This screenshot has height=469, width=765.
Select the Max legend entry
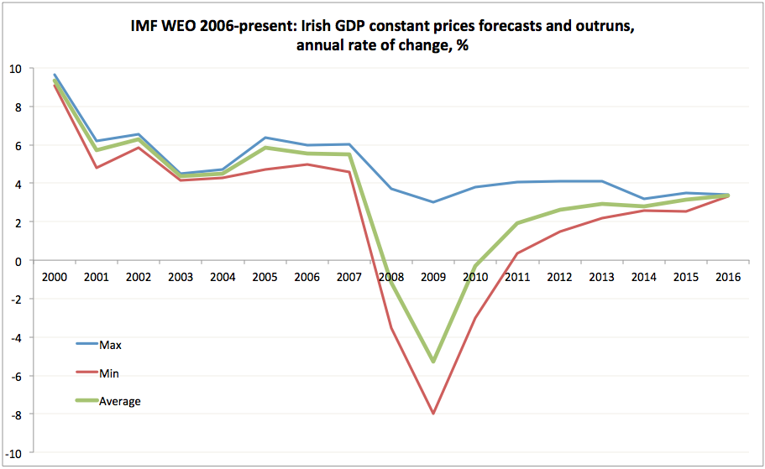click(111, 344)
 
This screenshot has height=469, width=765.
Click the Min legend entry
click(111, 373)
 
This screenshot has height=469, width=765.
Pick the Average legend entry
click(119, 401)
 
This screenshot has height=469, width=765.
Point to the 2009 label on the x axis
click(433, 277)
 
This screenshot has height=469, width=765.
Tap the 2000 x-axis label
click(55, 277)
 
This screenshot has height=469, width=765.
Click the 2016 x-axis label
click(727, 277)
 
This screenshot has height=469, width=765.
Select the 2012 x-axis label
click(559, 277)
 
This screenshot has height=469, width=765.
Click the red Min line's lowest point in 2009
click(433, 414)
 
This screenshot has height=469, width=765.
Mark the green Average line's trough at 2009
click(433, 362)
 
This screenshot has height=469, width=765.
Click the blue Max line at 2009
click(433, 202)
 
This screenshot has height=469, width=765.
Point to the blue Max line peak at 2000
click(55, 75)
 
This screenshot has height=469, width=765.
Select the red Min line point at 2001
click(97, 168)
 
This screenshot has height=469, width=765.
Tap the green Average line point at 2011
click(517, 223)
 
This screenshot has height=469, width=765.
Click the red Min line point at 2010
click(475, 318)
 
